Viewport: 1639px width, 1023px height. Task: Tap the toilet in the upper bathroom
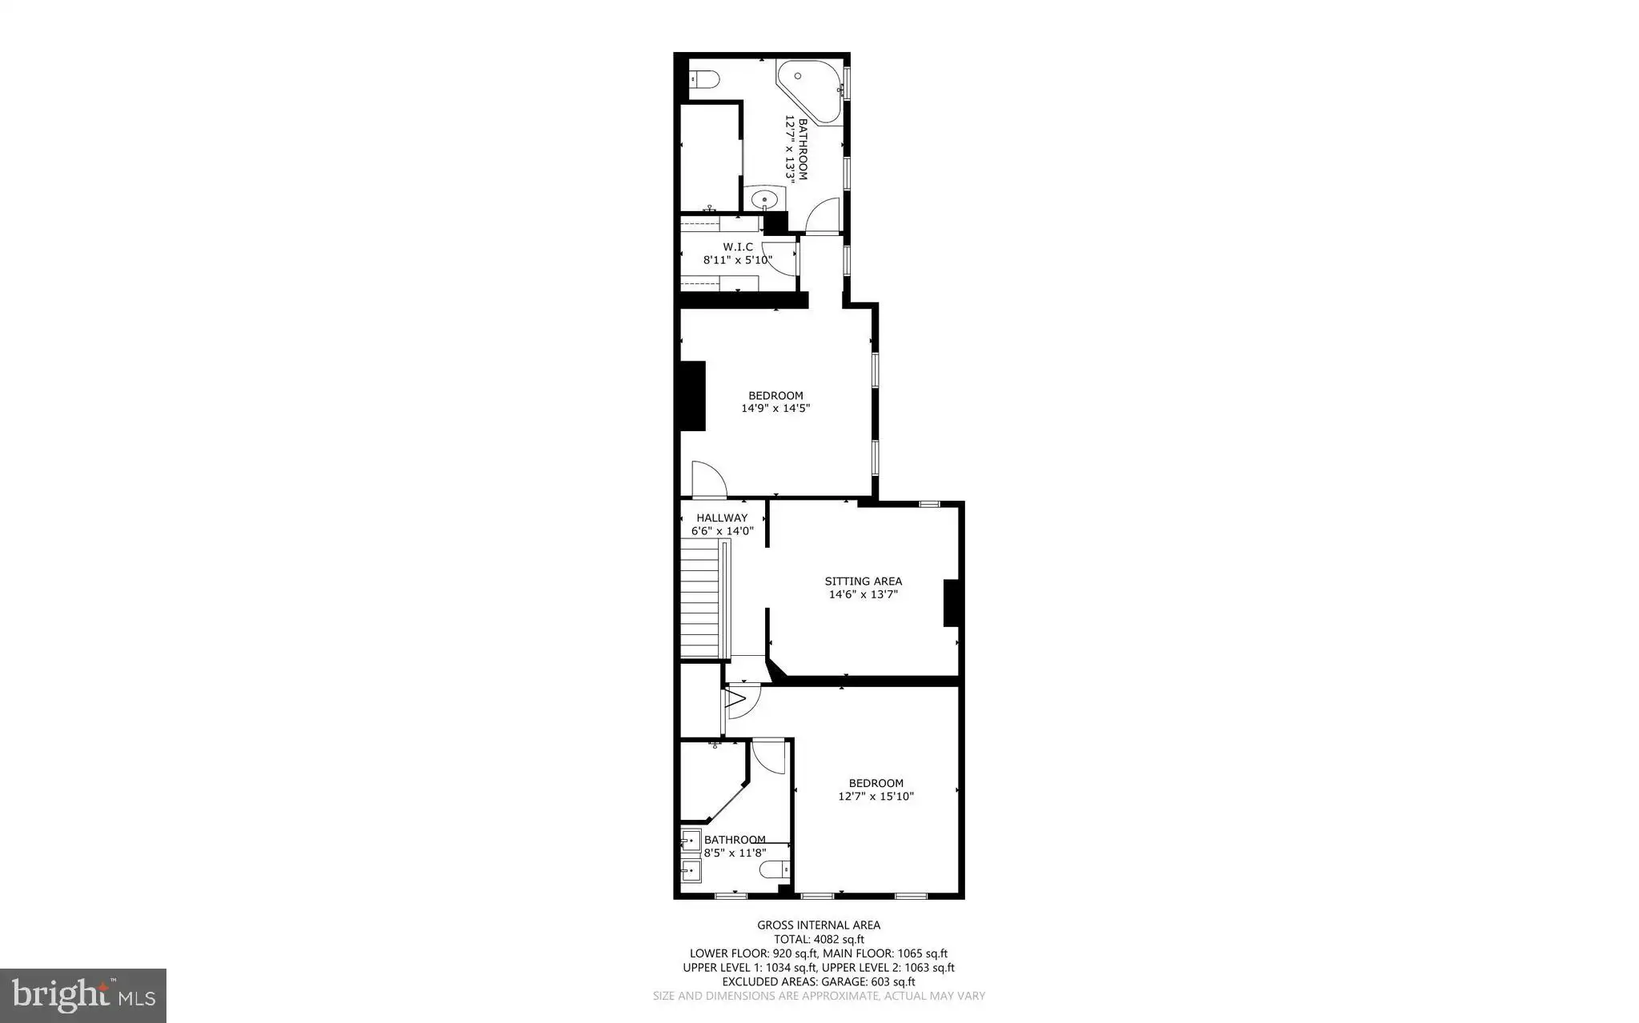(705, 79)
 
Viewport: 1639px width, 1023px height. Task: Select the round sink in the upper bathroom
(765, 199)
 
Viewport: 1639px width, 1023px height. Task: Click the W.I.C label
(738, 247)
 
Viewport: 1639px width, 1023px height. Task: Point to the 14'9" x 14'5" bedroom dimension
(775, 408)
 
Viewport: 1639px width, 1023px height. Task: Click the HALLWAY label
(722, 517)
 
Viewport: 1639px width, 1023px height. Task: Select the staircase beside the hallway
(705, 599)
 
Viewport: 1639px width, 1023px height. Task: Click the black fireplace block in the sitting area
(952, 603)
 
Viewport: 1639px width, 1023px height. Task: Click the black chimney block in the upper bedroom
(693, 396)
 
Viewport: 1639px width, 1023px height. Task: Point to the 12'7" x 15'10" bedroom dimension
(876, 797)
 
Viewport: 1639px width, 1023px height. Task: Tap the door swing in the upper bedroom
(708, 479)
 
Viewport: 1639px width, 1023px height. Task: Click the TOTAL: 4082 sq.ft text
(819, 940)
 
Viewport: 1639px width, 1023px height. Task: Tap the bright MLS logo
(83, 996)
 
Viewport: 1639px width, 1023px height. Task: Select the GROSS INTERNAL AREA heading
(819, 925)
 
